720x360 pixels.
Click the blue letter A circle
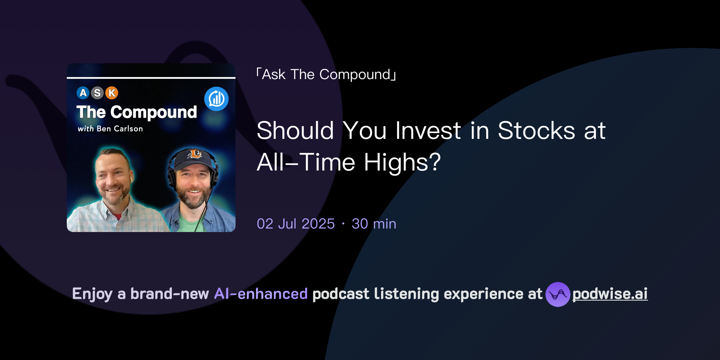click(x=83, y=93)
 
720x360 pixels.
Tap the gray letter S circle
click(x=97, y=93)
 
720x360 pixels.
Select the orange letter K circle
click(x=112, y=93)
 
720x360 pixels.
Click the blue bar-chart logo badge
click(x=216, y=99)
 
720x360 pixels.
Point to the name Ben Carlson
click(x=120, y=129)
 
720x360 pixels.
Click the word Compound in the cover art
click(x=154, y=112)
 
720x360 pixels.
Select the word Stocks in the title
click(x=536, y=131)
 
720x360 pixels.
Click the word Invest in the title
click(x=428, y=131)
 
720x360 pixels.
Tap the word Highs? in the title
click(x=402, y=162)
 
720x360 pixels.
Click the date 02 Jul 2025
click(x=296, y=224)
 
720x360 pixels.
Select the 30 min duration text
click(x=374, y=224)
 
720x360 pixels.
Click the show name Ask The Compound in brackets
click(x=326, y=75)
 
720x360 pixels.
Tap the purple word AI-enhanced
click(x=261, y=294)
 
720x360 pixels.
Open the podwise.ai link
click(x=610, y=294)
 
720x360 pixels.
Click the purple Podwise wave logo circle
click(x=558, y=294)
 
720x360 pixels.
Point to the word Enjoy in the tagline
click(x=92, y=294)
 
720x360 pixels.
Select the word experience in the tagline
click(x=483, y=294)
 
